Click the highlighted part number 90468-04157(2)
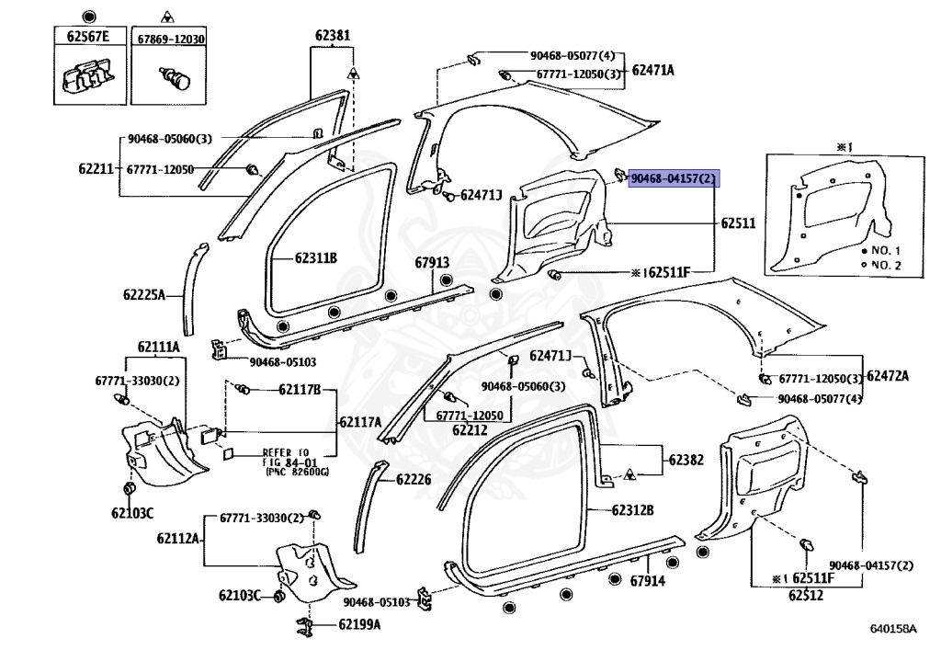pos(674,178)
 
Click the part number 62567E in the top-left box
pos(88,37)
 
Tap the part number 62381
pos(333,36)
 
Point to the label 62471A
pos(653,70)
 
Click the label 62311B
pos(316,258)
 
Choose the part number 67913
pos(432,262)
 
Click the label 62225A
pos(144,295)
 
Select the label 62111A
pos(158,347)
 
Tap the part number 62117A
pos(360,422)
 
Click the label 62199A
pos(359,625)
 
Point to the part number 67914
pos(648,581)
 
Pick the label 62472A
pos(889,376)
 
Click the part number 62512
pos(806,596)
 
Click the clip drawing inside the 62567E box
pos(89,76)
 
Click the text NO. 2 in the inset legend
pos(886,266)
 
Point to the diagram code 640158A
pos(893,628)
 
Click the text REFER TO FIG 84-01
pos(287,457)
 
